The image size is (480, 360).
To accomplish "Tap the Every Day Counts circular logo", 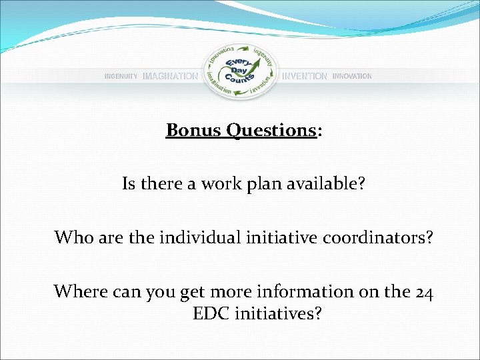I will pyautogui.click(x=239, y=72).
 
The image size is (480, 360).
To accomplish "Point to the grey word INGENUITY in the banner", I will pyautogui.click(x=121, y=77).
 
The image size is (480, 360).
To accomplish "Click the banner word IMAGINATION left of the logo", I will pyautogui.click(x=170, y=77).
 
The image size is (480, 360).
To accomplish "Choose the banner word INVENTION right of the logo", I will pyautogui.click(x=305, y=77).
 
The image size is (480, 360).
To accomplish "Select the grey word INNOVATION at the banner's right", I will pyautogui.click(x=352, y=77).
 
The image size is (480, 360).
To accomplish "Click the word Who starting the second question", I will pyautogui.click(x=70, y=237).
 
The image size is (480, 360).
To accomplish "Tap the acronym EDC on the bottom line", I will pyautogui.click(x=210, y=313).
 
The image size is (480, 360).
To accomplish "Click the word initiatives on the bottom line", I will pyautogui.click(x=278, y=313).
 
